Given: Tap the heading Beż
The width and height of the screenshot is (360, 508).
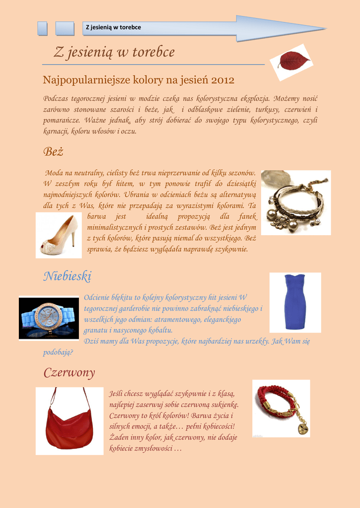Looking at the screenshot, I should (x=53, y=152).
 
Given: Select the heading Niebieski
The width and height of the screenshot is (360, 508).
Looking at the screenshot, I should (x=67, y=276).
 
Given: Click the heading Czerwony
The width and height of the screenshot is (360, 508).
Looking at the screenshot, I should (x=69, y=373).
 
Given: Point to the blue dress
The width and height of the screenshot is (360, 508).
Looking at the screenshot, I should (x=295, y=302).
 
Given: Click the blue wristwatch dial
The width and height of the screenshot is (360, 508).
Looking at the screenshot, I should (x=48, y=317).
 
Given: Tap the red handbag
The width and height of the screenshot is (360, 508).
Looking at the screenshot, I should (x=69, y=426).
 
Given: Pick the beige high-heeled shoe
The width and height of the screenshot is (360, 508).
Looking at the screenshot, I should (x=59, y=236).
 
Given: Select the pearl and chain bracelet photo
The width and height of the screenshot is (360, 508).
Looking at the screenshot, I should (x=296, y=203).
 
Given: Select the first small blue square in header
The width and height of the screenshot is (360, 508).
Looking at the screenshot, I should (x=43, y=28).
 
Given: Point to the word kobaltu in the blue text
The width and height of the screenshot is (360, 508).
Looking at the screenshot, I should (x=157, y=330).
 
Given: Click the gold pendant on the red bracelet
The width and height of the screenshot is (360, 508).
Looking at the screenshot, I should (x=302, y=428).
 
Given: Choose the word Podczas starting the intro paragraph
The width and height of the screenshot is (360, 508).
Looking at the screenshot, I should (x=56, y=98).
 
